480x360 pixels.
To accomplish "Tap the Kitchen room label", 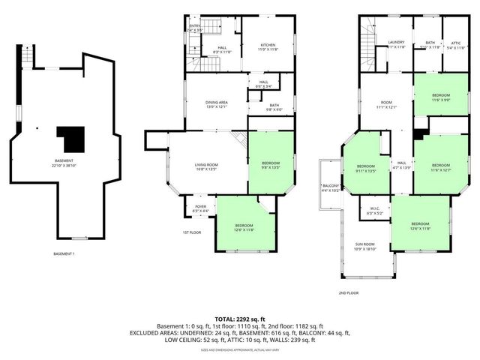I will click(x=268, y=46).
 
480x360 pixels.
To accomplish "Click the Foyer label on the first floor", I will click(x=200, y=208).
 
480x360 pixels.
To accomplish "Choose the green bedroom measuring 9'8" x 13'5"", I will click(x=270, y=164).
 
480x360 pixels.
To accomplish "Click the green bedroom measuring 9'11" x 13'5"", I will click(x=365, y=167).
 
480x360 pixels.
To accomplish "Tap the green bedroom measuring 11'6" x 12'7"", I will click(x=441, y=166).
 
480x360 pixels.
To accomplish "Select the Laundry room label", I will click(x=396, y=44).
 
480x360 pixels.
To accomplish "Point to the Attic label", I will click(x=456, y=43).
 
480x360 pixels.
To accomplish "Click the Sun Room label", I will click(x=365, y=245).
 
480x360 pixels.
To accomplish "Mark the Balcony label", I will click(x=331, y=187).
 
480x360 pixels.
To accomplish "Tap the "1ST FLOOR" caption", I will click(x=193, y=233).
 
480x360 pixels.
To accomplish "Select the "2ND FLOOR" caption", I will click(x=348, y=293).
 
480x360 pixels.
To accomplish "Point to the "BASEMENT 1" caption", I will click(x=64, y=253).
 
